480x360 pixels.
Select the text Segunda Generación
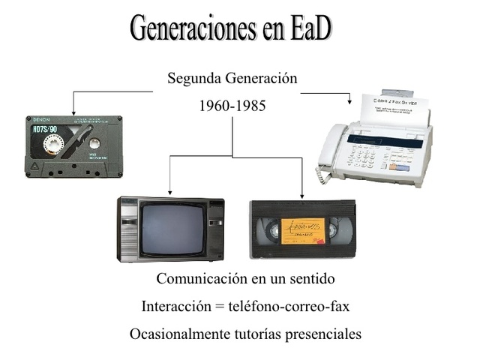tap(232, 78)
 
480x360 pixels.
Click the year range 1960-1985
tap(232, 106)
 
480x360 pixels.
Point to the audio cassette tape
tap(73, 146)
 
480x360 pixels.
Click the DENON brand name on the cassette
tap(40, 120)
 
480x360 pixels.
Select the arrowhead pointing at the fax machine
tap(349, 100)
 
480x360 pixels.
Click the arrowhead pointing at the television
tap(169, 192)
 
